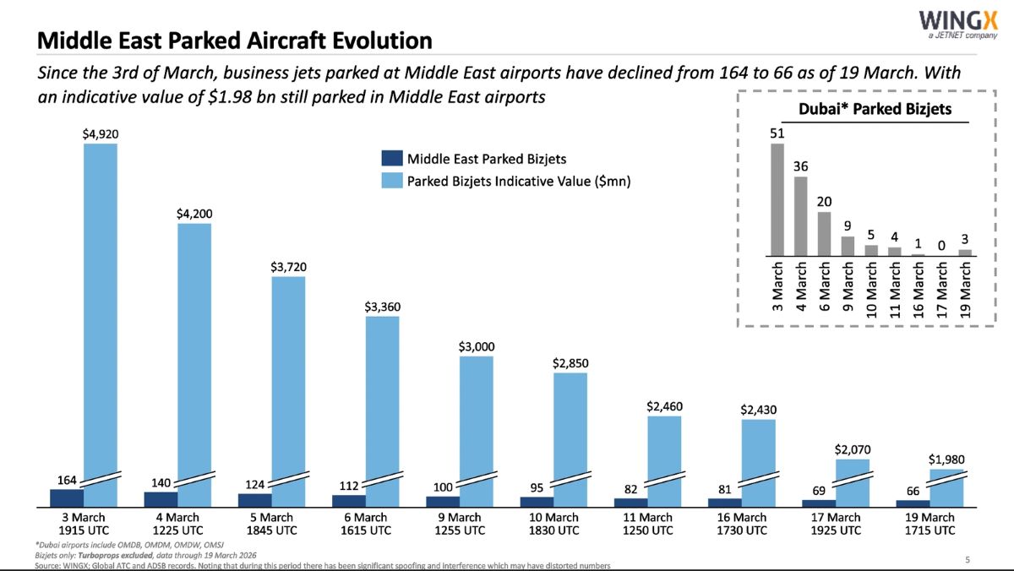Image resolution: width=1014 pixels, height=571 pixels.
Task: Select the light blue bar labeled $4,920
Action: point(100,313)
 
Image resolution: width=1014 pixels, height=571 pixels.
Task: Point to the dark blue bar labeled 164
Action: point(68,498)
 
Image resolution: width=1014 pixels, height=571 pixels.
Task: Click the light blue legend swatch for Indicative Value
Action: point(391,181)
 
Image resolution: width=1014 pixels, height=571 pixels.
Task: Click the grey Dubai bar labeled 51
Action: point(777,198)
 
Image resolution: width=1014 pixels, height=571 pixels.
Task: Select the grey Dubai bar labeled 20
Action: point(824,232)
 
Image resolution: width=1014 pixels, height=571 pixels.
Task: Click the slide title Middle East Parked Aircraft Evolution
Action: point(235,41)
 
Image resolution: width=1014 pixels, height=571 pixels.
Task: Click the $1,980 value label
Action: point(946,460)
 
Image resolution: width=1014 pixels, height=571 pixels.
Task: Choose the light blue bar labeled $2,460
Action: point(664,456)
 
